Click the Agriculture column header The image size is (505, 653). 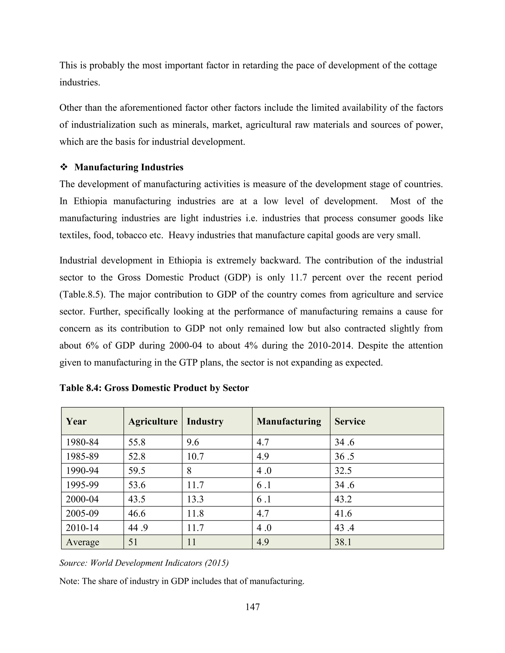(153, 421)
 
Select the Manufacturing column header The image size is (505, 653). (289, 421)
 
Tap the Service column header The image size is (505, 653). (350, 421)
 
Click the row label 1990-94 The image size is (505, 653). (82, 471)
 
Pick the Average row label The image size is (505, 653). (83, 542)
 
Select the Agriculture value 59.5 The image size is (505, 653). (137, 471)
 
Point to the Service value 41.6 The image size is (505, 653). (343, 513)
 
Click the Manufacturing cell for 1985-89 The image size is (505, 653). (263, 456)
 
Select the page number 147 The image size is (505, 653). (252, 607)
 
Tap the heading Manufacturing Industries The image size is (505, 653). (129, 167)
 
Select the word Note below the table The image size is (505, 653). (69, 581)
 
